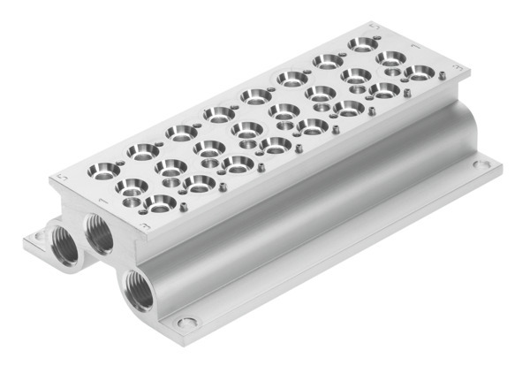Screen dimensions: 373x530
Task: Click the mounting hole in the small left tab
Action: click(38, 236)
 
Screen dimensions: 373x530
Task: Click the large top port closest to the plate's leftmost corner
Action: click(105, 169)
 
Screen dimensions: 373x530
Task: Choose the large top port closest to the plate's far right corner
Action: click(420, 72)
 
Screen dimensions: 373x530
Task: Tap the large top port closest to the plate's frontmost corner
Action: click(160, 204)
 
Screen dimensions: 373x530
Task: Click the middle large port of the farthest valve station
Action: click(390, 57)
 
